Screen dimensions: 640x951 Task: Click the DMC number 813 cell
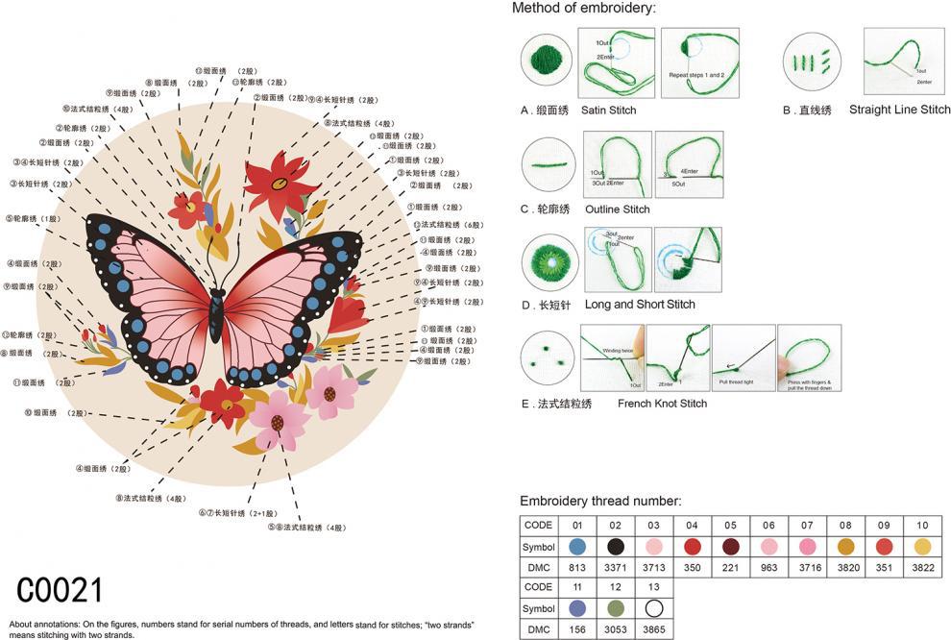tap(576, 568)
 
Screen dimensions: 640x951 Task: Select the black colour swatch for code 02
tap(615, 547)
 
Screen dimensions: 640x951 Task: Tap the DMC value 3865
tap(653, 629)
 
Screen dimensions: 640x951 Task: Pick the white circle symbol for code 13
tap(653, 608)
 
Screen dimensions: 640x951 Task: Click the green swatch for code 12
tap(615, 608)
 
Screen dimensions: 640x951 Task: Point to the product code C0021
tap(60, 589)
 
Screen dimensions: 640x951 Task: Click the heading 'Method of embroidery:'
tap(584, 9)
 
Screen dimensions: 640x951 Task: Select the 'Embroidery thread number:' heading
tap(600, 501)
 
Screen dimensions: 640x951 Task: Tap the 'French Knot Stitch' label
tap(662, 404)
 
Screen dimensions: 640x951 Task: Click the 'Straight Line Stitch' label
tap(899, 110)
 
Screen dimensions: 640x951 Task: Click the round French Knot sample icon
tap(547, 357)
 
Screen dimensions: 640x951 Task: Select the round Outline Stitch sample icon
tap(547, 165)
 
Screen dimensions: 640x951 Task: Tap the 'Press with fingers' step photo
tap(809, 357)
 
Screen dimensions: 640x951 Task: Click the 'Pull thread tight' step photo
tap(744, 357)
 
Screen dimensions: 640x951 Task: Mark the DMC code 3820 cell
tap(845, 568)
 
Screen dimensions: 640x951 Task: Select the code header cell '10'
tap(922, 526)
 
